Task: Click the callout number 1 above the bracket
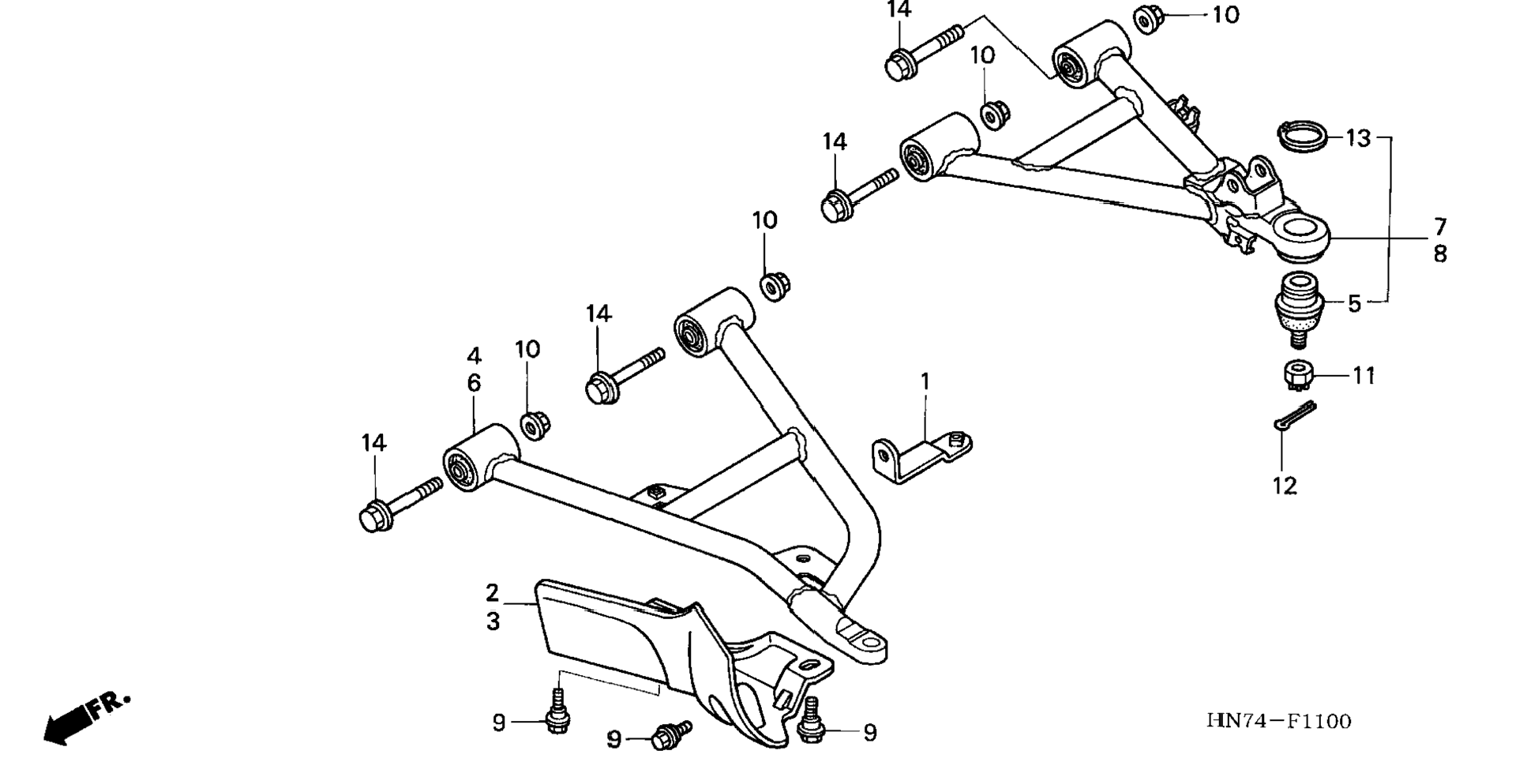coord(925,382)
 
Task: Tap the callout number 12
coord(1285,486)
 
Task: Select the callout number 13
coord(1358,139)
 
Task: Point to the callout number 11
coord(1364,376)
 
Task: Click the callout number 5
coord(1354,303)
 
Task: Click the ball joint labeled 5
coord(1298,305)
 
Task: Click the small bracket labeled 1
coord(920,457)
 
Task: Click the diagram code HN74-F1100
coord(1278,721)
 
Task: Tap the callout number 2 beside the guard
coord(493,592)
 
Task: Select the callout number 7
coord(1440,227)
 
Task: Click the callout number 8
coord(1440,254)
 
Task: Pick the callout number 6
coord(474,383)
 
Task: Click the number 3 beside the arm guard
coord(493,621)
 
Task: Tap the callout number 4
coord(474,355)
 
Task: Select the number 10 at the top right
coord(1225,15)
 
